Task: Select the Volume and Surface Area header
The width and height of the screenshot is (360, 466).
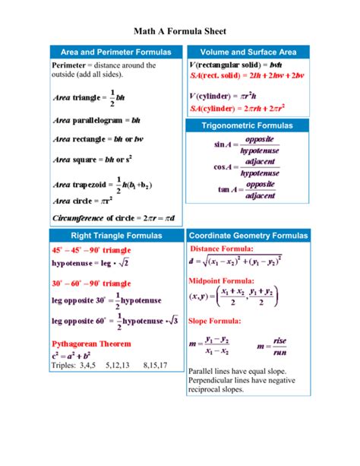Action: [248, 52]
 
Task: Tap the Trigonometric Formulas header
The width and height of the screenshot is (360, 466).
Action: [248, 125]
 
